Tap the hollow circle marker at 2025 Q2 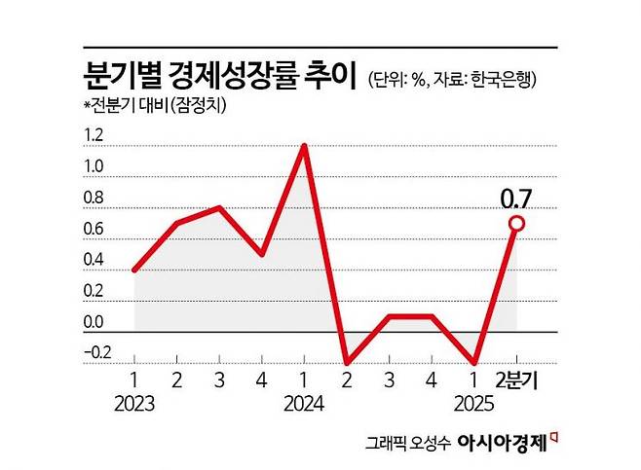[x=516, y=224]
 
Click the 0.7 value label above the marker [x=516, y=201]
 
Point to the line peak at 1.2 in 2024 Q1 [x=305, y=146]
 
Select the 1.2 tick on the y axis [x=93, y=136]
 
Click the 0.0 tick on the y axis [x=93, y=322]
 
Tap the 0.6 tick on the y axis [x=93, y=230]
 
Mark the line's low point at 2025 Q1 [x=474, y=362]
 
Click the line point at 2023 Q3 [x=219, y=207]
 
